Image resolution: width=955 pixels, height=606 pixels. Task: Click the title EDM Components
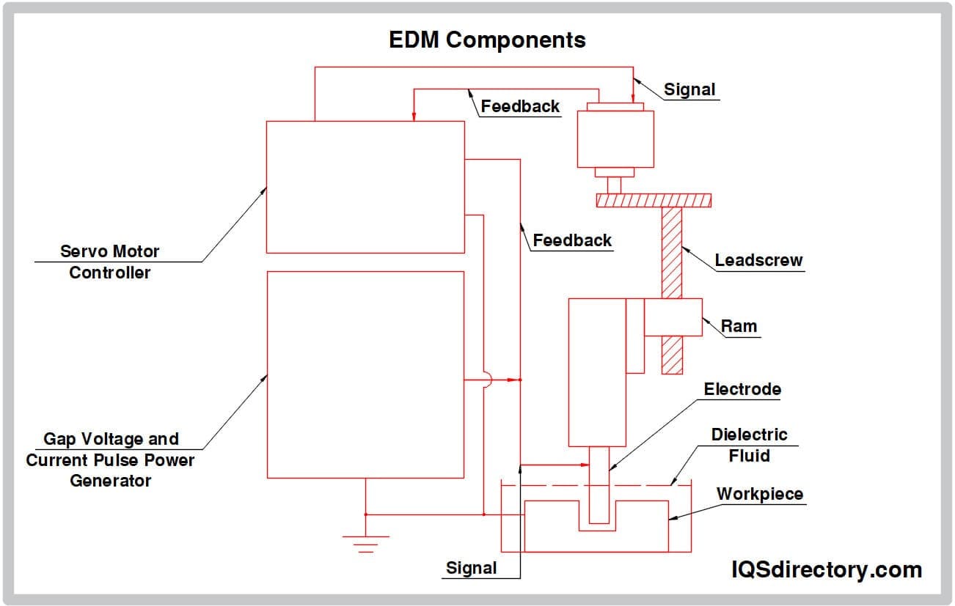[487, 40]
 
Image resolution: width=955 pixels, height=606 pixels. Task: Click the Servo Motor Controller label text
[109, 262]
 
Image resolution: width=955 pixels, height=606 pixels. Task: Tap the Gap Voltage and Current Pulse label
[110, 459]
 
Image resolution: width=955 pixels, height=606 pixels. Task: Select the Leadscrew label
[758, 260]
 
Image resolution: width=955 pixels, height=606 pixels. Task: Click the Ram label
[739, 326]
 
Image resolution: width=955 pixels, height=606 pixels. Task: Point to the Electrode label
[742, 389]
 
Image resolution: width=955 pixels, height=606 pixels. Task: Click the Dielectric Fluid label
[749, 445]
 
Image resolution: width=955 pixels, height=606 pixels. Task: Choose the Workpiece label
[759, 494]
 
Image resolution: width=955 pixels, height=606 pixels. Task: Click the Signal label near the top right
[689, 89]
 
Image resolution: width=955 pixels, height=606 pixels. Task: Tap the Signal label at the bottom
[472, 568]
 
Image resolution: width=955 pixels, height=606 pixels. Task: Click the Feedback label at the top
[520, 106]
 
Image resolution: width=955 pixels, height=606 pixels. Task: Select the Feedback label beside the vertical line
[572, 240]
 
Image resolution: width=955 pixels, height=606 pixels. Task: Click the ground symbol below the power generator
[365, 543]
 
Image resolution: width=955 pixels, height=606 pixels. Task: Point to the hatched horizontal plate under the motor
[654, 200]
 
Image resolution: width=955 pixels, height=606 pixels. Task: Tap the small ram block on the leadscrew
[673, 317]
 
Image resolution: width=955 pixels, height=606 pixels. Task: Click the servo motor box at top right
[615, 139]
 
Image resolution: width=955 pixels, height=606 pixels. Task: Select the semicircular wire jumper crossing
[489, 380]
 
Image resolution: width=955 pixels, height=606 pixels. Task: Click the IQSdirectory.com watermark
[827, 569]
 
